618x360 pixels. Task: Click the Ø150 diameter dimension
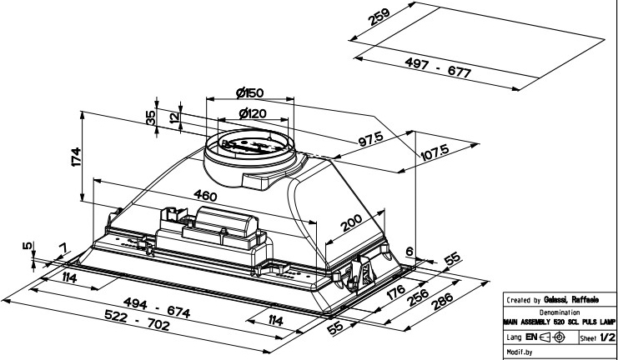click(x=250, y=92)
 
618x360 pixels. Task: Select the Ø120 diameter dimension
click(x=252, y=113)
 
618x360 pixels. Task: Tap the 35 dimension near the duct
click(x=151, y=117)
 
